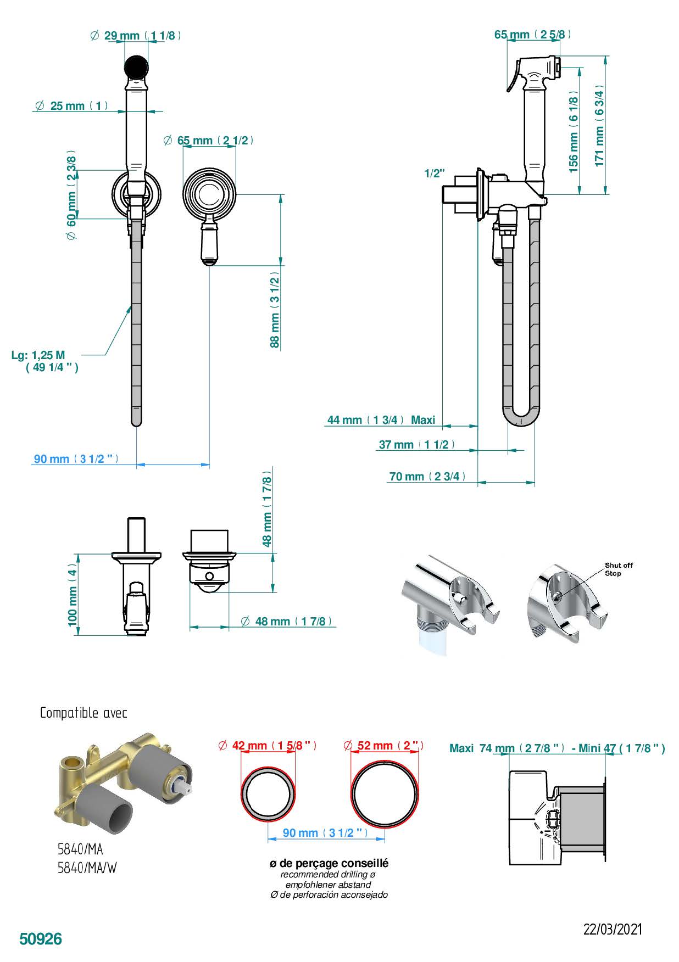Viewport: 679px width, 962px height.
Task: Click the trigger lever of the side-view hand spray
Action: [x=513, y=76]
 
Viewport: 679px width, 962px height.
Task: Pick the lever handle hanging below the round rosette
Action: [x=210, y=242]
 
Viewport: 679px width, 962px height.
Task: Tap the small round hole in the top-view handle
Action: [x=209, y=576]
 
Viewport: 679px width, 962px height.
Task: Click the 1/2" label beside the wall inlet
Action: [x=435, y=174]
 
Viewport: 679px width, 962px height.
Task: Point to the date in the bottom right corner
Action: [x=613, y=929]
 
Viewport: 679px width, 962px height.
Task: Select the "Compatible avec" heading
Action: [x=84, y=713]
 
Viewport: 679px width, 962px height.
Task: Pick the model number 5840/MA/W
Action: [x=87, y=868]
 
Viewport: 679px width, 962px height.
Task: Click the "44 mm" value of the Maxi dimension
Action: [x=344, y=420]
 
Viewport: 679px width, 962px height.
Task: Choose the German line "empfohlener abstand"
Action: [x=328, y=885]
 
